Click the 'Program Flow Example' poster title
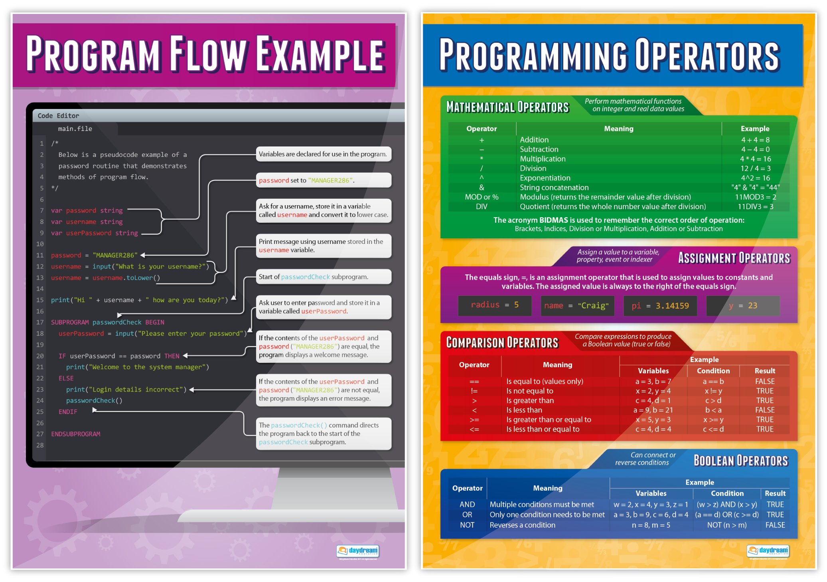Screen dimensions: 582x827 coord(205,54)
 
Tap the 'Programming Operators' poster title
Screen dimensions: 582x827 coord(609,55)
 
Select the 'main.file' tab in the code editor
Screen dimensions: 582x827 coord(75,129)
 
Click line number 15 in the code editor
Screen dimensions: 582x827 coord(40,300)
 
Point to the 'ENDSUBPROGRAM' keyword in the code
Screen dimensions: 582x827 coord(75,434)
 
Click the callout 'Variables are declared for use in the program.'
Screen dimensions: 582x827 coord(323,154)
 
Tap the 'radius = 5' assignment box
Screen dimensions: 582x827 coord(494,305)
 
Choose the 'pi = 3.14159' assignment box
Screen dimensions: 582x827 coord(660,306)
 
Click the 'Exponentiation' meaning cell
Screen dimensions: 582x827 coord(545,178)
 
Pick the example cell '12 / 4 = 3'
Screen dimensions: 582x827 coord(755,168)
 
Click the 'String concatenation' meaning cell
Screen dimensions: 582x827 coord(554,188)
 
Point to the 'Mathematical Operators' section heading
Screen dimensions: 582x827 coord(507,107)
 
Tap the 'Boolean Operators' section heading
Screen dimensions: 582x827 coord(740,461)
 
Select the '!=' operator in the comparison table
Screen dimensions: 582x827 coord(474,391)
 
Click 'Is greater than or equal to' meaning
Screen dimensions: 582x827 coord(549,420)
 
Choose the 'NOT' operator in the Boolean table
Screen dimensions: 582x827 coord(467,525)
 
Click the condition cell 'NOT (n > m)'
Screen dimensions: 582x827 coord(726,525)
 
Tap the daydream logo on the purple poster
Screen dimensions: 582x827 coord(358,551)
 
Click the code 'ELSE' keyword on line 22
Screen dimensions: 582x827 coord(66,378)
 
